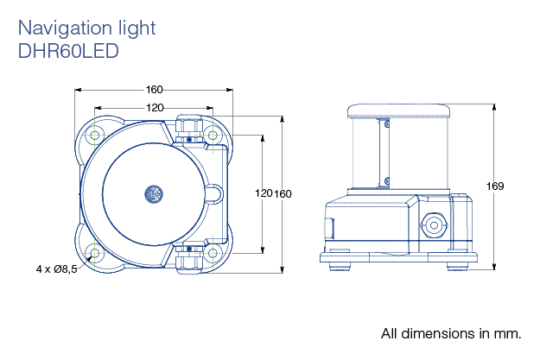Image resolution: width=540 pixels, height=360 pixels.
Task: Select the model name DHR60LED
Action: [x=67, y=50]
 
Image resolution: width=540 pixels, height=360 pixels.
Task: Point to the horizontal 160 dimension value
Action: [x=155, y=90]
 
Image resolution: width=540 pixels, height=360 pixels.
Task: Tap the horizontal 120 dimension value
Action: [x=155, y=108]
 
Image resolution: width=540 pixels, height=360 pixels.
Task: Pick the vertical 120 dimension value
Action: [x=264, y=193]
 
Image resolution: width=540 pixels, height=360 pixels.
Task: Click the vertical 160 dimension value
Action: [x=283, y=193]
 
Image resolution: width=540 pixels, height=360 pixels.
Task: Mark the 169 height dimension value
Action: [x=495, y=186]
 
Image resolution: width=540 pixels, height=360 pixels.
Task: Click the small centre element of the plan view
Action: [x=155, y=194]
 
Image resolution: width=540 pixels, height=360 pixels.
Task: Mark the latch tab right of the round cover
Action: [x=214, y=194]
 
